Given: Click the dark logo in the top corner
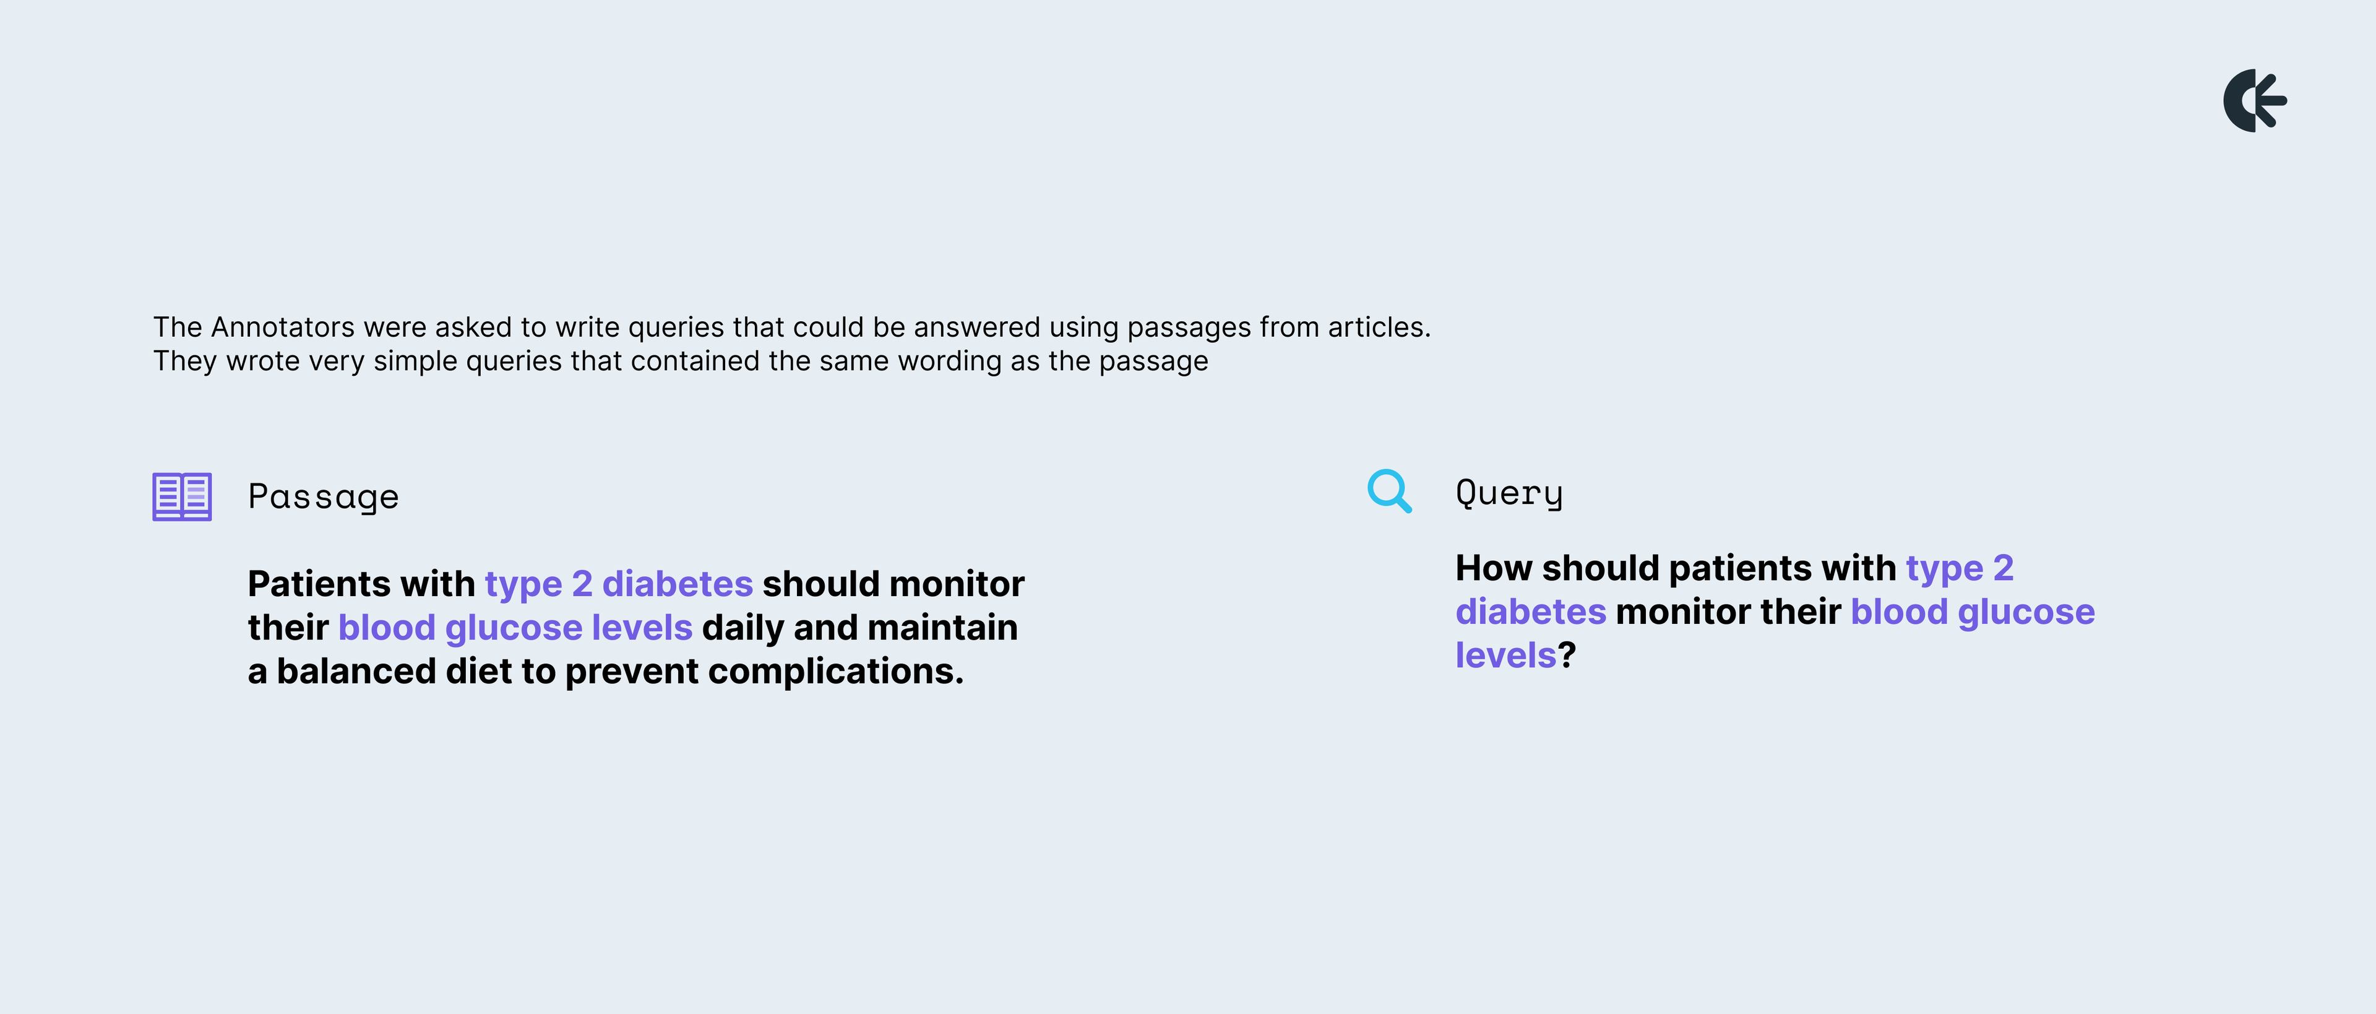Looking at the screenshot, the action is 2254,100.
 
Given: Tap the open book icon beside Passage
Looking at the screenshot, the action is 182,496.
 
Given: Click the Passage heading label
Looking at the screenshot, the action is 324,497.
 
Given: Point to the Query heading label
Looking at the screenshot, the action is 1509,493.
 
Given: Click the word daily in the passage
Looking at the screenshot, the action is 742,628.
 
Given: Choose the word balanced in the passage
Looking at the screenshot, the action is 356,671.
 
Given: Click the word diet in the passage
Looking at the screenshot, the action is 479,671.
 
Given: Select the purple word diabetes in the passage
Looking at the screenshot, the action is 678,584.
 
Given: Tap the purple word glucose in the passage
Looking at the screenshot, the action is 514,628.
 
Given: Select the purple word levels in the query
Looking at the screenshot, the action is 1506,655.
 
